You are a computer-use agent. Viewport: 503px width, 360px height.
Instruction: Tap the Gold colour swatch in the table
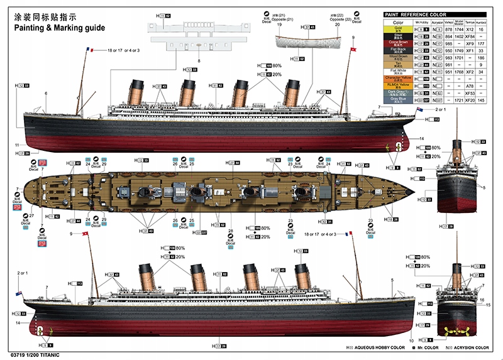397,29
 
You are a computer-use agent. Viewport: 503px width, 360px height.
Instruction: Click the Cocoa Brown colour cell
397,44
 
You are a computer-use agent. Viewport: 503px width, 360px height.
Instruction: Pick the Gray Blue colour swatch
397,99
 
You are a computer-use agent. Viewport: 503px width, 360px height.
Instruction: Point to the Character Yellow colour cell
397,78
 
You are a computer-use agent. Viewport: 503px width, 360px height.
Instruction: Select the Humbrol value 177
481,44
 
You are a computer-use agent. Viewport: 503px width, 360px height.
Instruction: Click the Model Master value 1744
459,30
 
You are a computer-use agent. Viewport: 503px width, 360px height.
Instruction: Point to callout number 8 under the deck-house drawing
199,60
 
